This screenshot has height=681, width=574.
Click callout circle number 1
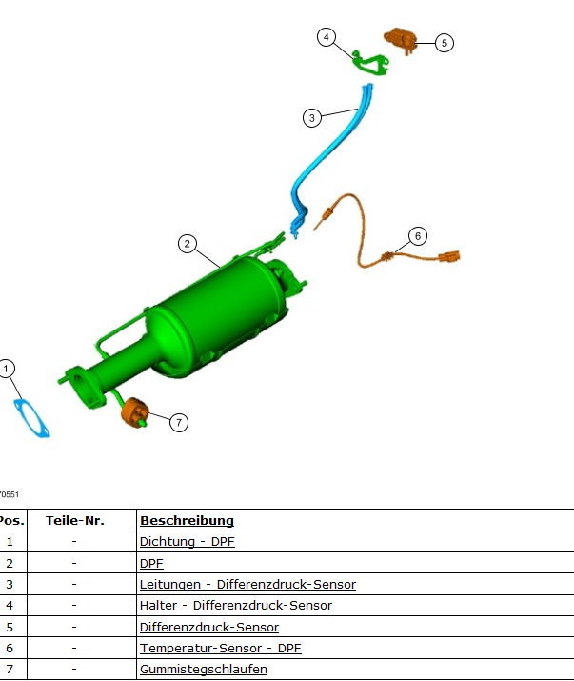7,368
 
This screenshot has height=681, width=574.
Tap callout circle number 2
188,244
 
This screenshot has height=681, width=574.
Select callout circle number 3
312,118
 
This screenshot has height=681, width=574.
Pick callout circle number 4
327,37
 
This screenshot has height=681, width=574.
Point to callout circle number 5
445,43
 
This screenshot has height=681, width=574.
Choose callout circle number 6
417,235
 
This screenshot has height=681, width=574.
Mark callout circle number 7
179,422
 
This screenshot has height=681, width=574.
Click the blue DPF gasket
33,418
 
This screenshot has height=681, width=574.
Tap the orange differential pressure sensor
402,40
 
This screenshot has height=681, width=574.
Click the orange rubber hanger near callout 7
134,412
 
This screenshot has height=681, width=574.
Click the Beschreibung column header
187,521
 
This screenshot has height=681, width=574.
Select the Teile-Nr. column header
74,521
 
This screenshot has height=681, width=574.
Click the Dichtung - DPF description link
187,542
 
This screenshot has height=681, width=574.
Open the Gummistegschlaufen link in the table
203,670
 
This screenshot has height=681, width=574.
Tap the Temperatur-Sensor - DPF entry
220,649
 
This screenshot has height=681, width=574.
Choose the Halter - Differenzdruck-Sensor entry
235,606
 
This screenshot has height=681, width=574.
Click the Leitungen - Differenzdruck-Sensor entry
247,585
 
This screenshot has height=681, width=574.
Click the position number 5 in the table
10,628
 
